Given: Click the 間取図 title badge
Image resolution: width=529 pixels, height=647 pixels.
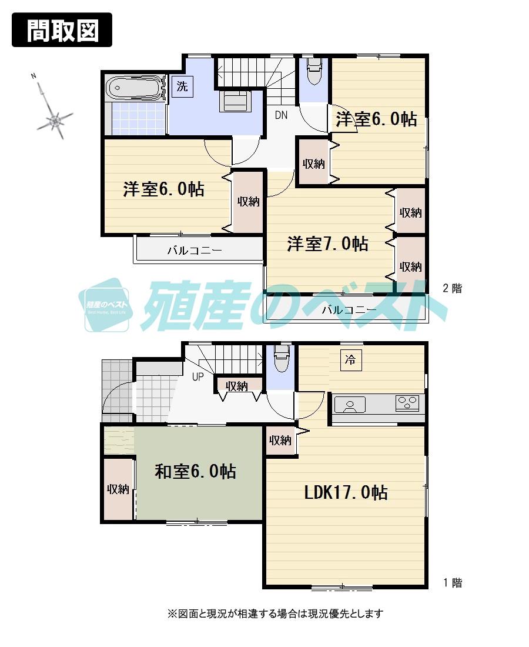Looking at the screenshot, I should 62,29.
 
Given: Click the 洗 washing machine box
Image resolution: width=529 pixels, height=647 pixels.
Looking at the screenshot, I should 182,87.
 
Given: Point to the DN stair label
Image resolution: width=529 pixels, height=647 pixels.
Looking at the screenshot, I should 281,115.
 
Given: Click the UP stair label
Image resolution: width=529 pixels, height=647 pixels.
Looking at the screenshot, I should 197,377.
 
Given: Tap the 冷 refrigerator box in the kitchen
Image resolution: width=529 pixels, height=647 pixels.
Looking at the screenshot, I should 350,360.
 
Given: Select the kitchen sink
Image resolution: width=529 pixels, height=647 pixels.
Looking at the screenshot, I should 350,404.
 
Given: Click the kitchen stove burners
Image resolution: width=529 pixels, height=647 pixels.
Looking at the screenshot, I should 407,403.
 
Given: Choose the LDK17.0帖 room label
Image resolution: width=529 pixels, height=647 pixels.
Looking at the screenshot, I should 346,492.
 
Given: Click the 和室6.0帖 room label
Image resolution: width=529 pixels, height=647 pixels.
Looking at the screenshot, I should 195,471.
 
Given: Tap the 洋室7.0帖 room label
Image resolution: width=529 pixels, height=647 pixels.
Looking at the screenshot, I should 327,244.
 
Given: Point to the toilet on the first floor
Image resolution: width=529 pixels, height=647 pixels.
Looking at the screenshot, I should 281,358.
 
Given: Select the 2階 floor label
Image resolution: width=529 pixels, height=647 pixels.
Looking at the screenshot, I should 452,288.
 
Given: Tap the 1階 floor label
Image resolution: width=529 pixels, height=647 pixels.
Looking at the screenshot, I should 452,583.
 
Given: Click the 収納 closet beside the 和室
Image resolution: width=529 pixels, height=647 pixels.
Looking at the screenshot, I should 118,489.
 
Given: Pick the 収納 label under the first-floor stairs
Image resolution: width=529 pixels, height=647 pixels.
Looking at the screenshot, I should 237,386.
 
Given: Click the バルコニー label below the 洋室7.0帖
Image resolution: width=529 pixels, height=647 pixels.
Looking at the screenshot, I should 349,309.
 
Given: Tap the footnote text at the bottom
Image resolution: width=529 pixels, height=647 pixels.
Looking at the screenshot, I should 275,613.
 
